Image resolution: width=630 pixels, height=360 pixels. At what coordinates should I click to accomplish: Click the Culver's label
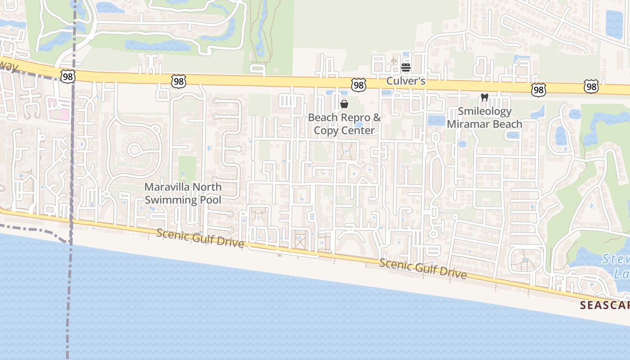406,81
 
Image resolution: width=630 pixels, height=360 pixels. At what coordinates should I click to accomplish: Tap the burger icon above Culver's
406,68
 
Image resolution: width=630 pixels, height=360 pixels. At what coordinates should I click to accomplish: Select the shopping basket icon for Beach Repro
344,104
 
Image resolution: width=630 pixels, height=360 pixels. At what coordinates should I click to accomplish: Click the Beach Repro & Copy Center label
344,124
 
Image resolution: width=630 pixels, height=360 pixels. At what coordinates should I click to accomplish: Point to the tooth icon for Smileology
485,97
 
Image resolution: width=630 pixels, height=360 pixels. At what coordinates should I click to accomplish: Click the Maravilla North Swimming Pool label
183,193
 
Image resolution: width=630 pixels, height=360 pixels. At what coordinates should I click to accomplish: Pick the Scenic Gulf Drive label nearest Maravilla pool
200,238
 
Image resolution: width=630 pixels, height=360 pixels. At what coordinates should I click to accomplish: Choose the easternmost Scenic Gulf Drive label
423,269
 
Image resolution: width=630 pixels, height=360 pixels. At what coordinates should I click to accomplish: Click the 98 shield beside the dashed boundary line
68,77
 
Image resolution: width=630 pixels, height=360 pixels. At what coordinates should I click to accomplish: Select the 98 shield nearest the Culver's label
359,85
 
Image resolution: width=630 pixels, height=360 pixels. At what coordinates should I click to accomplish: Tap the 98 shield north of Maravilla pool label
179,81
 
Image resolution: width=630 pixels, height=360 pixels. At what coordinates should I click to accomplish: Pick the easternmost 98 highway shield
591,87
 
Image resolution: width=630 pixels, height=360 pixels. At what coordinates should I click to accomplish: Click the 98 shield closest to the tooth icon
538,90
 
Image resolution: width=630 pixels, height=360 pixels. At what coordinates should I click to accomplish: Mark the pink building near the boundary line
60,109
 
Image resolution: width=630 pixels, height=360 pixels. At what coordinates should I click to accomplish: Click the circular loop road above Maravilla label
135,150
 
